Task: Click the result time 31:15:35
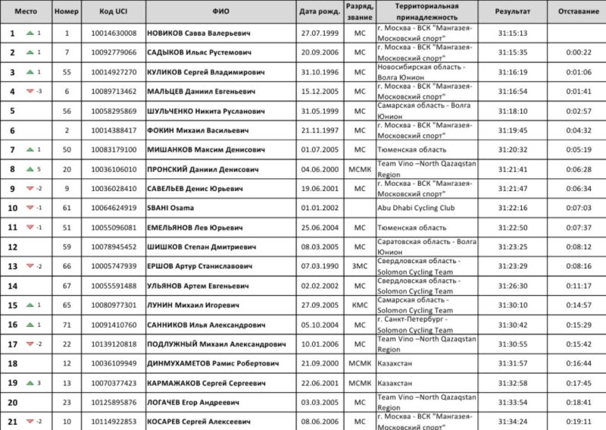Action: pyautogui.click(x=513, y=52)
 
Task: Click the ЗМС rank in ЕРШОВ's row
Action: pyautogui.click(x=359, y=266)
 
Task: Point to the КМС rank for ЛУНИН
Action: pyautogui.click(x=359, y=305)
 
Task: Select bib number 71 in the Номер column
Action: pyautogui.click(x=67, y=325)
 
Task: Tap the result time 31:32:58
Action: pyautogui.click(x=513, y=383)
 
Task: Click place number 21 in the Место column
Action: pyautogui.click(x=12, y=422)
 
